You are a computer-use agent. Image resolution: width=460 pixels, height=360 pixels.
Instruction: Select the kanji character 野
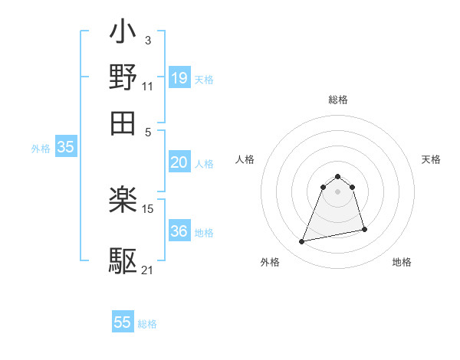(x=123, y=77)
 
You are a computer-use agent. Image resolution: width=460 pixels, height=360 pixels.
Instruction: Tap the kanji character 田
(x=123, y=122)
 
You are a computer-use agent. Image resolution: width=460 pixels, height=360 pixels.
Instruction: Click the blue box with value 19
(x=179, y=77)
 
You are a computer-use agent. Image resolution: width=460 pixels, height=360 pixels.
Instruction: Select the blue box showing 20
(x=179, y=162)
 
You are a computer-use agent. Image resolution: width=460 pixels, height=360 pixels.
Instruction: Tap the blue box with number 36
(x=179, y=231)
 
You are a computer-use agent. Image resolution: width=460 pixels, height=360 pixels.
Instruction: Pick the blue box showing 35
(x=65, y=148)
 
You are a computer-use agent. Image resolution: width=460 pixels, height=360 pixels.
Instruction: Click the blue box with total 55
(x=123, y=322)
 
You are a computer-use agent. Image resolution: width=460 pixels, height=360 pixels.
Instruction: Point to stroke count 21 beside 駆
(x=147, y=270)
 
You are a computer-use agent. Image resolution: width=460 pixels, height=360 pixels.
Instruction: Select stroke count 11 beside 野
(x=147, y=85)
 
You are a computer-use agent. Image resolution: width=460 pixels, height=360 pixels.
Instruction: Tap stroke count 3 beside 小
(x=147, y=40)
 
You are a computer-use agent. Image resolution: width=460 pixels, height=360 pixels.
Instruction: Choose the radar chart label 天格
(x=431, y=159)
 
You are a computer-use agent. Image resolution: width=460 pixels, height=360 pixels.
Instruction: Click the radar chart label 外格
(x=269, y=262)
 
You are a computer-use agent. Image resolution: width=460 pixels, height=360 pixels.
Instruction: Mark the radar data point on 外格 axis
(x=302, y=242)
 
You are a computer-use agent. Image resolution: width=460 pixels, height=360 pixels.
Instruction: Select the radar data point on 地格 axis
(x=364, y=230)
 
